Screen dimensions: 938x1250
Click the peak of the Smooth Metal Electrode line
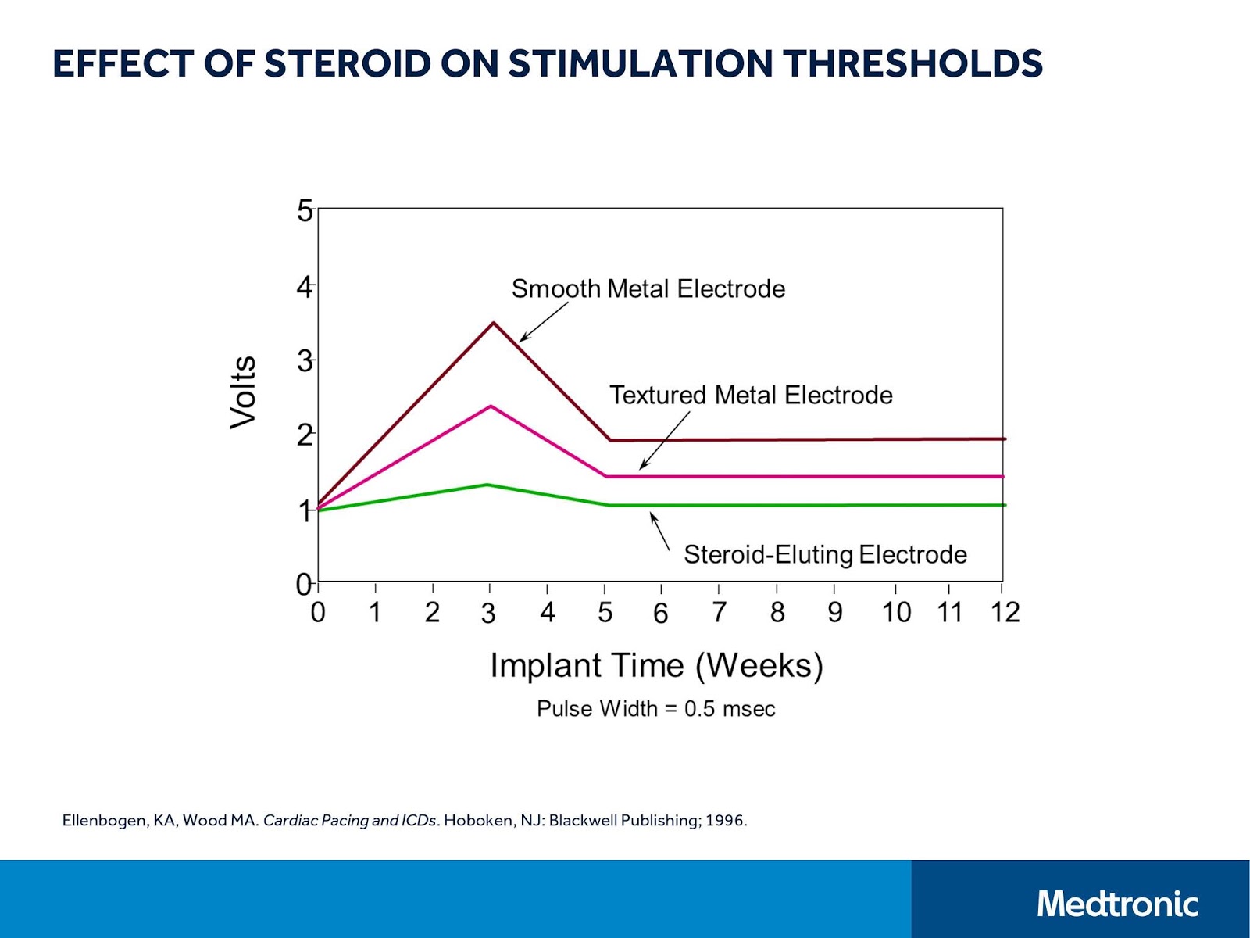pos(493,323)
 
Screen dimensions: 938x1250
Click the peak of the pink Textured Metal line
pos(491,406)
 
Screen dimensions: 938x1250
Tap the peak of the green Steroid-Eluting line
pos(487,485)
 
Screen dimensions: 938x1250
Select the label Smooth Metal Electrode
pos(648,289)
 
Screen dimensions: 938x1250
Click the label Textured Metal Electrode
pos(751,396)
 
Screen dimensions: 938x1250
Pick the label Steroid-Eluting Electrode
pos(825,555)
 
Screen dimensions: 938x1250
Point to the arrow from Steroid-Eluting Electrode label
pos(660,532)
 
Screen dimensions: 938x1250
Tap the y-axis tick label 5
pos(305,211)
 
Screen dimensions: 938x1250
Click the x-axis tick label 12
pos(1005,613)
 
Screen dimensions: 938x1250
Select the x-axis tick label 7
pos(719,613)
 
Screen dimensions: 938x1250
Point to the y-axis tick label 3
pos(305,362)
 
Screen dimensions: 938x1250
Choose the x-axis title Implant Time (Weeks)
pos(656,666)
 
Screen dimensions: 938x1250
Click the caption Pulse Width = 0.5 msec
pos(656,709)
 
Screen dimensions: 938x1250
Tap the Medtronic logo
pos(1117,904)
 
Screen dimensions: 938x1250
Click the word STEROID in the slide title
pos(347,64)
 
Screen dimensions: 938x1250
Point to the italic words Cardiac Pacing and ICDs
pos(349,821)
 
